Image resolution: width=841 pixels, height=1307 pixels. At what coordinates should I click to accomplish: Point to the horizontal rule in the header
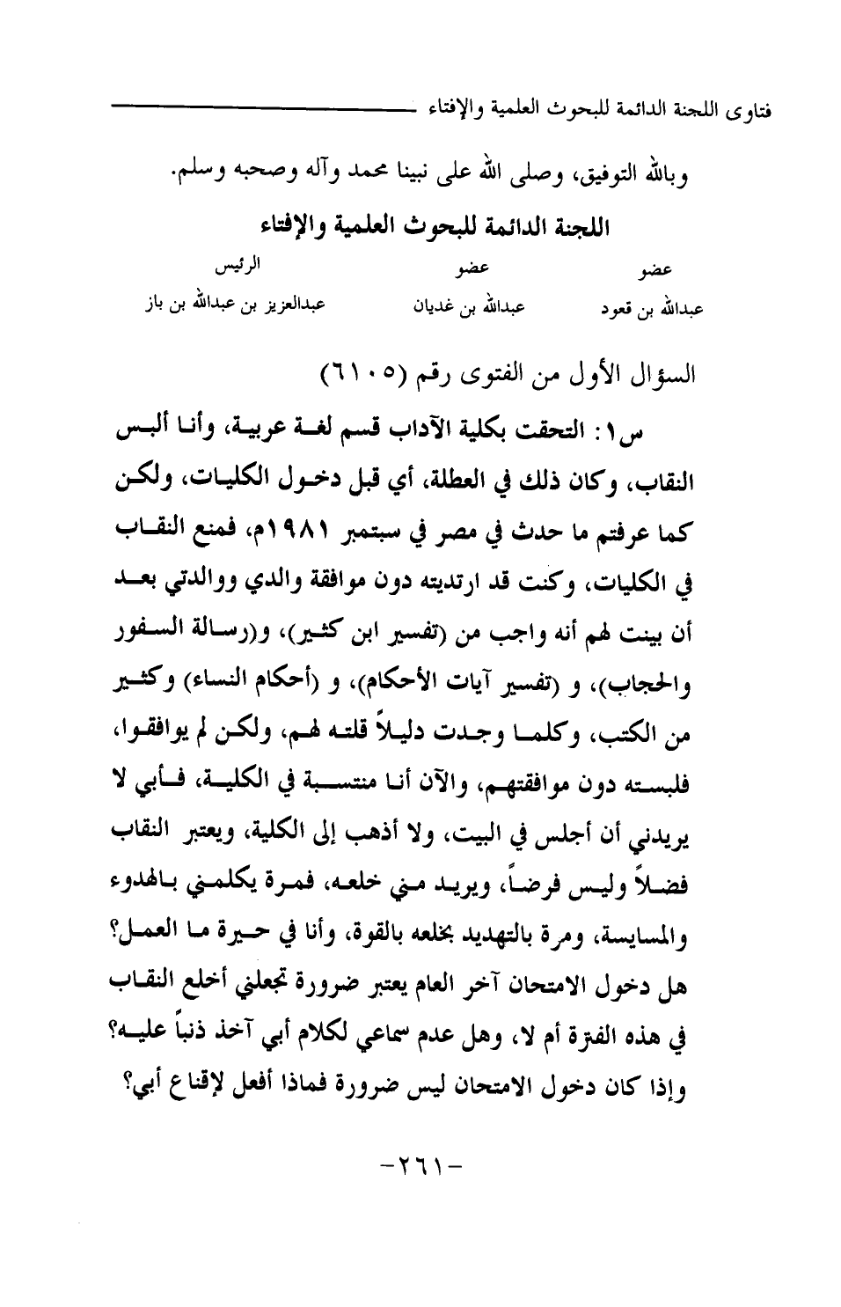[x=264, y=107]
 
